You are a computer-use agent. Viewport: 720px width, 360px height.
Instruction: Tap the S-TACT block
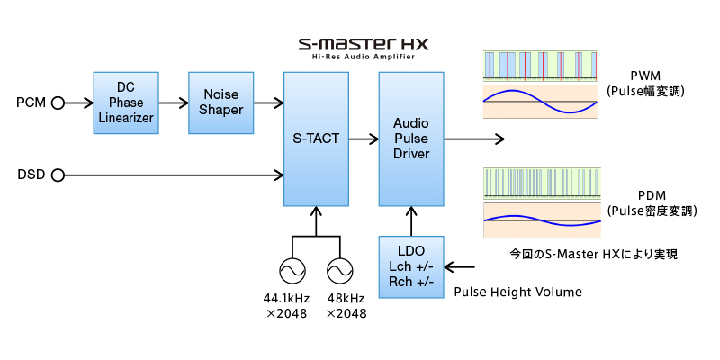pyautogui.click(x=316, y=139)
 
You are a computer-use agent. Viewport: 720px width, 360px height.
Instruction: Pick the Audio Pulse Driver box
pyautogui.click(x=411, y=139)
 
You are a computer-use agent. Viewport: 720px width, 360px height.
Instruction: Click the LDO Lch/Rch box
pyautogui.click(x=411, y=266)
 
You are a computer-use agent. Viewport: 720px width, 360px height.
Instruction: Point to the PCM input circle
pyautogui.click(x=58, y=103)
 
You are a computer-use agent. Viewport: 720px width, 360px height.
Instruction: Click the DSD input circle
pyautogui.click(x=58, y=174)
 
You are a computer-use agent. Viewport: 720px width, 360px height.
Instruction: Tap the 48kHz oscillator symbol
pyautogui.click(x=341, y=271)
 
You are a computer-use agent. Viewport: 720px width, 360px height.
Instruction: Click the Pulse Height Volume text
pyautogui.click(x=517, y=292)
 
